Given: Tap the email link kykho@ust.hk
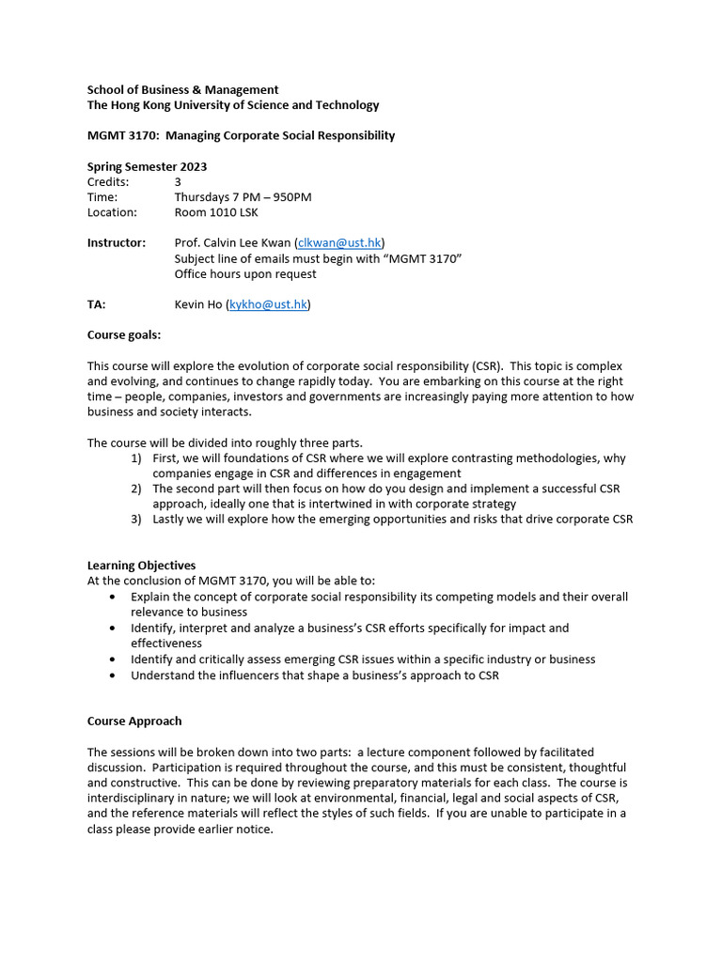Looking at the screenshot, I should [268, 304].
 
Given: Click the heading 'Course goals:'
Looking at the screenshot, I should [124, 334].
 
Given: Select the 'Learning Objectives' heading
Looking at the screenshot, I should [141, 566].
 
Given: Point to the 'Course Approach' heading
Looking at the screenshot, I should [134, 721].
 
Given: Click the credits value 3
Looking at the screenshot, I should [179, 181].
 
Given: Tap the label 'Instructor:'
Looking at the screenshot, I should [117, 242].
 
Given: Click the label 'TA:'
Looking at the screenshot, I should [97, 304].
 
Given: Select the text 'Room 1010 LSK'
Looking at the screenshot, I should [217, 212].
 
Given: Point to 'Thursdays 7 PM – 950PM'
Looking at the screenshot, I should [243, 197].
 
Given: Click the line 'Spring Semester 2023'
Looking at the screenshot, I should [148, 166].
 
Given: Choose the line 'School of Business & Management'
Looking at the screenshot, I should [182, 89].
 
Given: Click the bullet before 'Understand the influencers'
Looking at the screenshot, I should [114, 675].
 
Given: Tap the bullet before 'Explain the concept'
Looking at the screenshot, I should [114, 597].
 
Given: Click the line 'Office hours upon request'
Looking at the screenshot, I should [245, 273].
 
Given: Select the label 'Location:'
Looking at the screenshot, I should [112, 212].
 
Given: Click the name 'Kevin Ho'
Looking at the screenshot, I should [198, 304].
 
